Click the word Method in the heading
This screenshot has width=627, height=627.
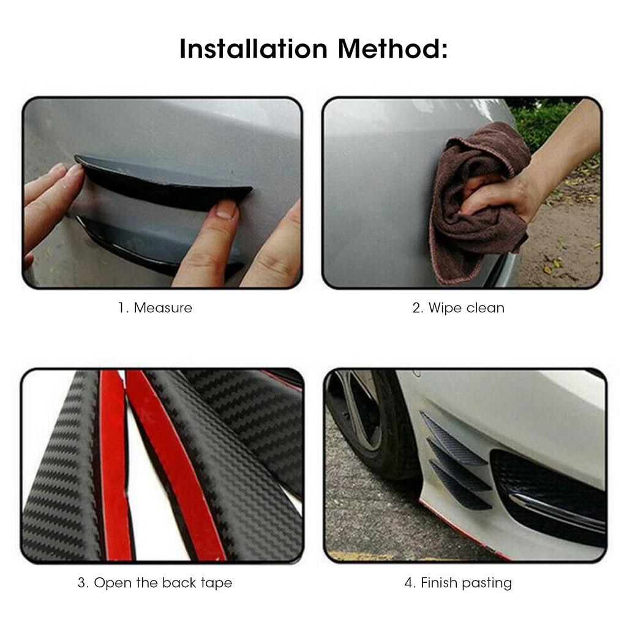pyautogui.click(x=392, y=49)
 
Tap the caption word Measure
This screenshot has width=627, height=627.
pyautogui.click(x=163, y=307)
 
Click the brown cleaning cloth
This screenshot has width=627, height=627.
pyautogui.click(x=471, y=202)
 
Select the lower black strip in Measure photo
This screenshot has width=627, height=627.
pyautogui.click(x=153, y=242)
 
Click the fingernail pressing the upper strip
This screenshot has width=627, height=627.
pyautogui.click(x=227, y=210)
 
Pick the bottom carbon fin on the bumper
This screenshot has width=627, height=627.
pyautogui.click(x=459, y=487)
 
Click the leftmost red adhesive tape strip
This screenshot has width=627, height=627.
pyautogui.click(x=113, y=465)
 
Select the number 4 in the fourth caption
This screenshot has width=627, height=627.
pyautogui.click(x=409, y=583)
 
